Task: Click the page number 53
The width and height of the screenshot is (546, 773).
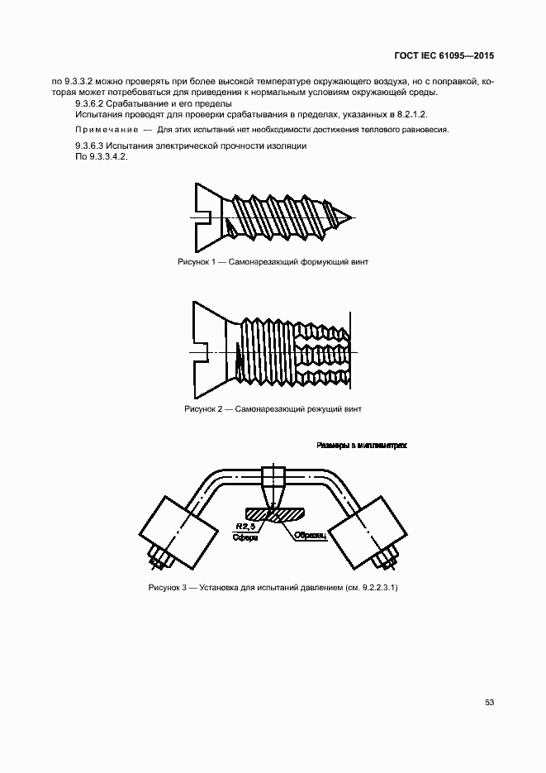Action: [x=489, y=702]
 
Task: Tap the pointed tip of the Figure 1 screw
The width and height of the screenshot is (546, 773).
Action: [x=353, y=218]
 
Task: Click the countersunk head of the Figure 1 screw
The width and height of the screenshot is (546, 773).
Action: [x=206, y=218]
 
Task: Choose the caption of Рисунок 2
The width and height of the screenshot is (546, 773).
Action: [x=273, y=408]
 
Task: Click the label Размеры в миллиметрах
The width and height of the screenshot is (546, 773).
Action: [x=363, y=445]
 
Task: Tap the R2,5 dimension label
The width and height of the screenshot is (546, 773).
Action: [x=244, y=526]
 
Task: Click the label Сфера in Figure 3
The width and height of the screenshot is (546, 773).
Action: [x=246, y=537]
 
